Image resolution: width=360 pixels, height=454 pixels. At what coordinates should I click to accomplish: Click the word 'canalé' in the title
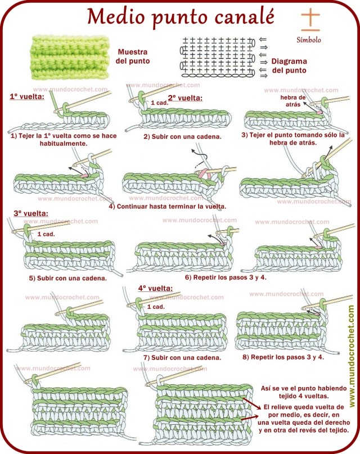click(238, 17)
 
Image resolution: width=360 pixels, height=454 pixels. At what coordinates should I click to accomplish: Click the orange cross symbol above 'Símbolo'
click(310, 20)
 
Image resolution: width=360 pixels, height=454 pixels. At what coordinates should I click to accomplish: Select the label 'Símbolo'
click(309, 40)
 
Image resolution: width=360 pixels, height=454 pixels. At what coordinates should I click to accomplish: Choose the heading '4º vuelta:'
click(155, 289)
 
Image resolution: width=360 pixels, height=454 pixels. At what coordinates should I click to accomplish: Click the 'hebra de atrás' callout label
click(293, 101)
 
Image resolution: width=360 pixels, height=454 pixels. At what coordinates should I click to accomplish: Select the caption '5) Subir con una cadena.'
click(68, 277)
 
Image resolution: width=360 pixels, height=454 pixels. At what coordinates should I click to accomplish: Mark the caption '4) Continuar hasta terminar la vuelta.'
click(167, 206)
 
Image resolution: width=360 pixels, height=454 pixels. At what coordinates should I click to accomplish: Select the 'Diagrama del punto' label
click(289, 66)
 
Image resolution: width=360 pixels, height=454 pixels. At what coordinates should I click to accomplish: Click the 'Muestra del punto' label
click(133, 56)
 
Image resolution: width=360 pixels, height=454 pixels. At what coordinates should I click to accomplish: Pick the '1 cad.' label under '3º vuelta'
click(46, 233)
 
